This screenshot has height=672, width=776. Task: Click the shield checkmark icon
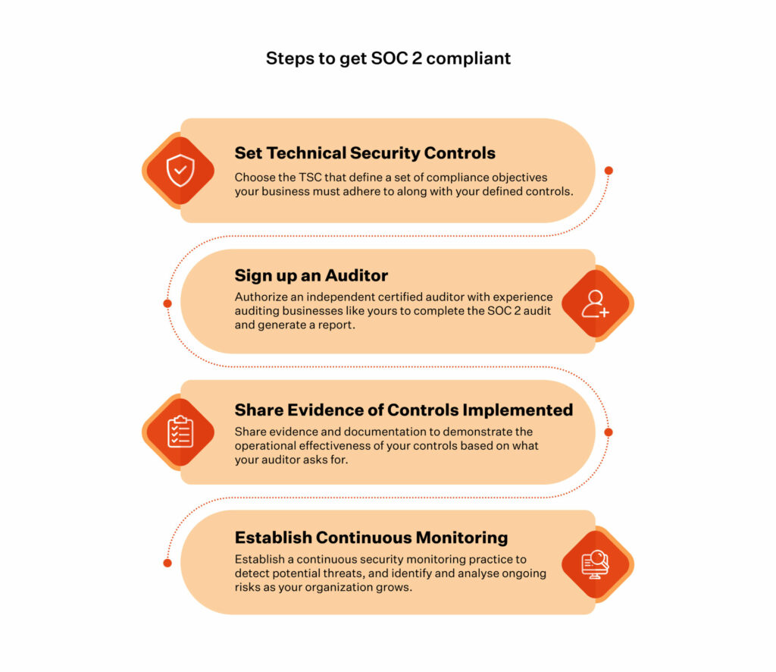point(180,171)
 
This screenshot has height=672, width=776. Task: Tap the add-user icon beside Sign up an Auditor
point(596,303)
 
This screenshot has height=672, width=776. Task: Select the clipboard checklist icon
point(180,432)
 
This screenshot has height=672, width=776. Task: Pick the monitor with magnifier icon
point(596,564)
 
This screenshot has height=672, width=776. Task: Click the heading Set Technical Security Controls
point(365,153)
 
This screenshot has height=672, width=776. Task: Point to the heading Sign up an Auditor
point(311,275)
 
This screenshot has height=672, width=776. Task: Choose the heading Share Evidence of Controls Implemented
point(404,410)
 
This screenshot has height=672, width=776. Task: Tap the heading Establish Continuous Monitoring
point(371,537)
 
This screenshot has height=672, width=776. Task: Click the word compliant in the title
point(468,58)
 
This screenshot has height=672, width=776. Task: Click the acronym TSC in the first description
point(310,177)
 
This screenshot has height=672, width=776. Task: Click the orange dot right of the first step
point(609,171)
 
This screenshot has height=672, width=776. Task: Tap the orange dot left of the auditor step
point(167,303)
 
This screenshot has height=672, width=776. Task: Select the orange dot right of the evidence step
point(609,432)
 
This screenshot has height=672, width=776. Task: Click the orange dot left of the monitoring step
point(167,563)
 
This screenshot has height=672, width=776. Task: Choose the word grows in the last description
point(396,588)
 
